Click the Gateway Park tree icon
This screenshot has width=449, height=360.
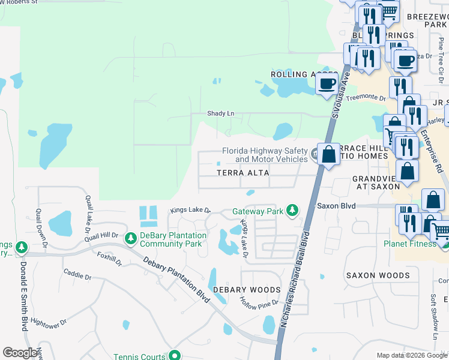(292, 210)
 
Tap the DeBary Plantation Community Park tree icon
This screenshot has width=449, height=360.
(130, 239)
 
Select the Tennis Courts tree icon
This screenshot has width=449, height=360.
(174, 356)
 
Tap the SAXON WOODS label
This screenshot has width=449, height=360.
(378, 276)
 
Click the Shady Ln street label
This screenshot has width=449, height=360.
(220, 113)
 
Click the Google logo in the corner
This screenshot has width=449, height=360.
(20, 353)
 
